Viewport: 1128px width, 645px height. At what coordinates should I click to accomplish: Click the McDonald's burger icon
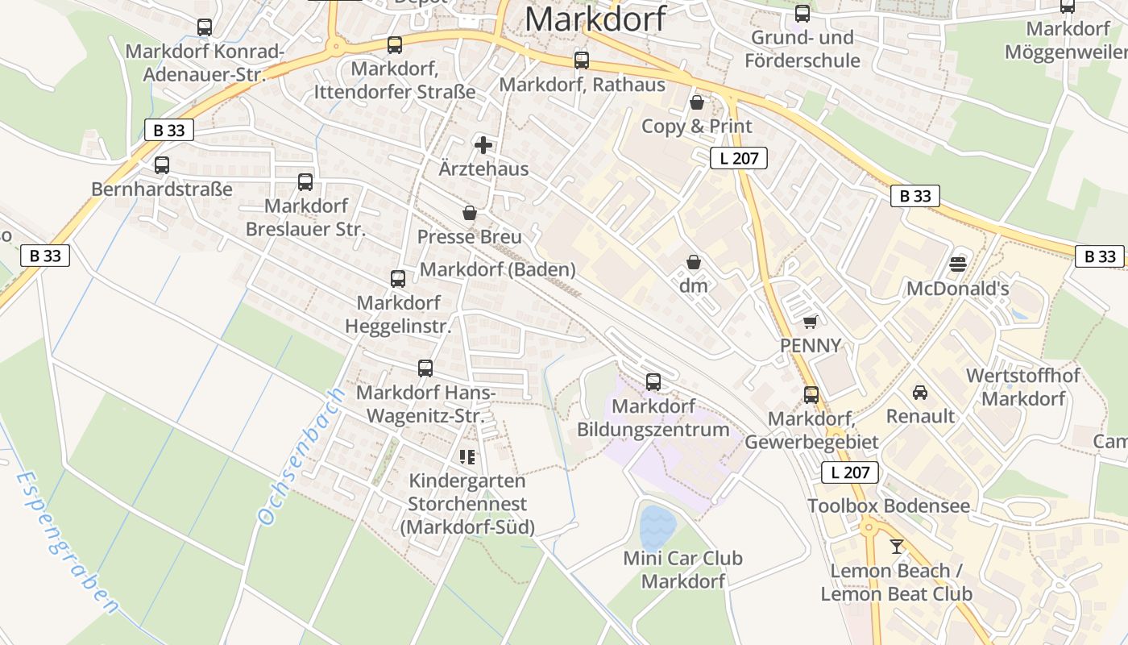coord(958,264)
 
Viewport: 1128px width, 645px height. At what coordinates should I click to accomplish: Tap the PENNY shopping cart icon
coord(811,322)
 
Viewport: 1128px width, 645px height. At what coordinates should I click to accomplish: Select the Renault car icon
coord(919,393)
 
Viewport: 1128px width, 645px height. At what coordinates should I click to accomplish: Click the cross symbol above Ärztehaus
coord(483,145)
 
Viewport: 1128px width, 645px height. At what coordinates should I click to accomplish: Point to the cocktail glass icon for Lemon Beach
coord(897,547)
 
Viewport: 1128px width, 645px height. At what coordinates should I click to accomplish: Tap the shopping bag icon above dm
coord(693,262)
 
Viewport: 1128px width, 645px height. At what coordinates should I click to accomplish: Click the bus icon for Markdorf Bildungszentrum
coord(653,381)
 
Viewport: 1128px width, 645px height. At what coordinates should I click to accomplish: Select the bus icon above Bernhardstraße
coord(162,165)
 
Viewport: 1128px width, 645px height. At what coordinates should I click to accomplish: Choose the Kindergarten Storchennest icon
coord(467,457)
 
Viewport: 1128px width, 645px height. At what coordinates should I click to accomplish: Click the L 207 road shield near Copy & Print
coord(739,158)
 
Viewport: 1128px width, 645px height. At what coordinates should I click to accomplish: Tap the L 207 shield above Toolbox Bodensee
coord(850,472)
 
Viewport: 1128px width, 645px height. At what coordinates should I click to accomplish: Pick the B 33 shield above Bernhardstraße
coord(169,130)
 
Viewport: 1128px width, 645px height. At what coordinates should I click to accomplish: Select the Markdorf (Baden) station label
coord(498,269)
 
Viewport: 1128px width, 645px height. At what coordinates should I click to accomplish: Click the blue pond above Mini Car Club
coord(658,528)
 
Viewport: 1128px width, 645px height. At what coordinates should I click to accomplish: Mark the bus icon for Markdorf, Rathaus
coord(582,60)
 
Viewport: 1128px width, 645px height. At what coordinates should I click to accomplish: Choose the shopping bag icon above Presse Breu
coord(470,213)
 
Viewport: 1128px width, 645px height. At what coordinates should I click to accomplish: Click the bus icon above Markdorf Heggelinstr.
coord(398,279)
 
